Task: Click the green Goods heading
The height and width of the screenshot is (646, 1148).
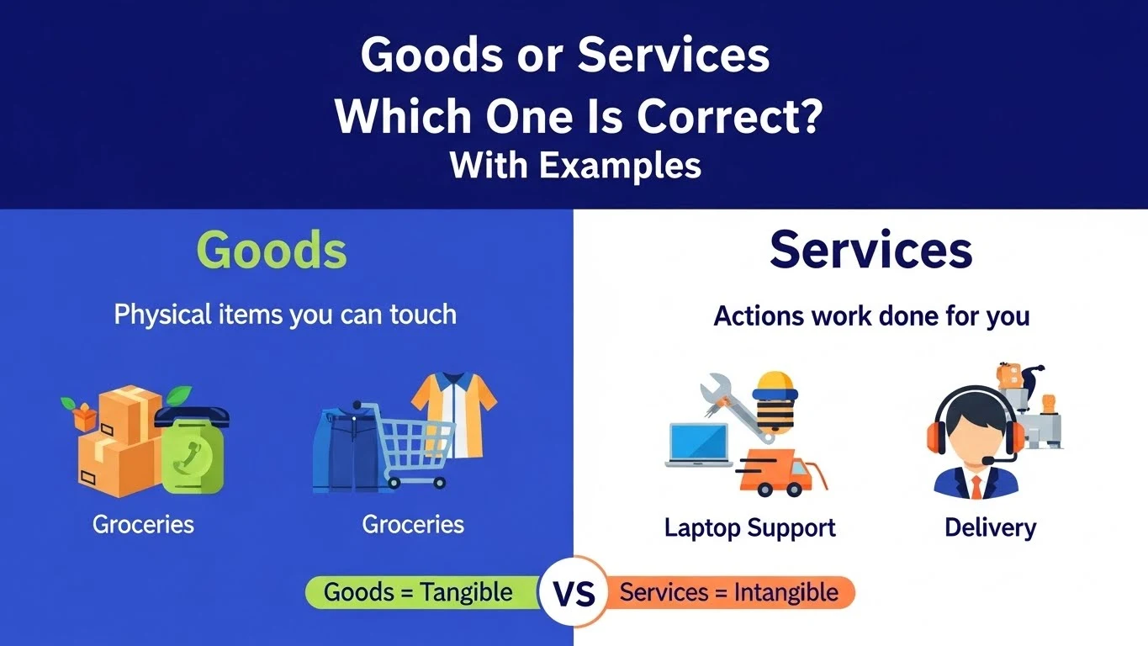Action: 272,250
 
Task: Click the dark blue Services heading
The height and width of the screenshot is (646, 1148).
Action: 870,249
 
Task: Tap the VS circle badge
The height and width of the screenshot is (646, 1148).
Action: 574,592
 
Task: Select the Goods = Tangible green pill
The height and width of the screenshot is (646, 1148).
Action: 418,592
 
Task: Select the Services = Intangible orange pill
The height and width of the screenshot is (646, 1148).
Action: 728,592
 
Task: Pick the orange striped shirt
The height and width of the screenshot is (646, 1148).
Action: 454,412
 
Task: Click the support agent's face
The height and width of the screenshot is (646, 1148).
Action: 976,437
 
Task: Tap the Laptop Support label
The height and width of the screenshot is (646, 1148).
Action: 749,528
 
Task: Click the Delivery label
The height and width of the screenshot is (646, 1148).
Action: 990,528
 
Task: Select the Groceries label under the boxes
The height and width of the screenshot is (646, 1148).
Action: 143,525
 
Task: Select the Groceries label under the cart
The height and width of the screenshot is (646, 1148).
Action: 413,525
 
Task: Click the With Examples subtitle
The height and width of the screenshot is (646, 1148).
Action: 575,165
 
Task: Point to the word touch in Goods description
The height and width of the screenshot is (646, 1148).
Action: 423,315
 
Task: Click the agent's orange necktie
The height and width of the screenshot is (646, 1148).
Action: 976,487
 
